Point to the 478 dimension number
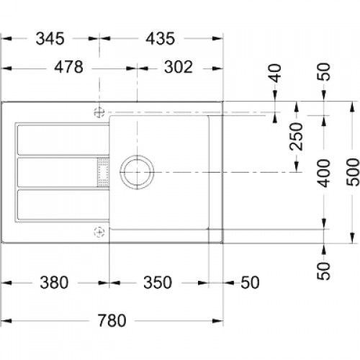tap(68, 67)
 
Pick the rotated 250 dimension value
tap(294, 136)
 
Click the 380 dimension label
tap(55, 282)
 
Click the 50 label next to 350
tap(248, 282)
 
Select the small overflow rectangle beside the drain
tap(101, 172)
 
